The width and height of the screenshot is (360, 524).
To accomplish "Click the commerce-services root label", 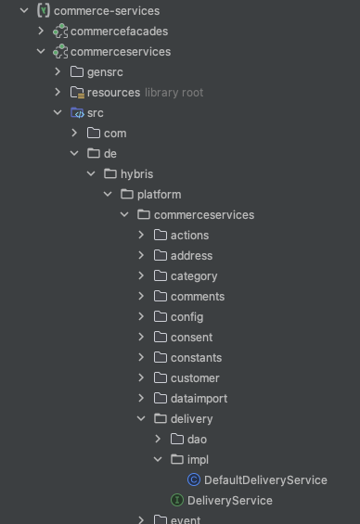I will (x=107, y=11).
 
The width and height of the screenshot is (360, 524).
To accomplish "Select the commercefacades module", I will (x=119, y=32).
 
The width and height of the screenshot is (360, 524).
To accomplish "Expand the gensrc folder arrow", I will (x=58, y=72).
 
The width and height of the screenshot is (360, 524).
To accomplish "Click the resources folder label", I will (x=113, y=93).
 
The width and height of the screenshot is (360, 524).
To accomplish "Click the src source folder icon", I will (x=77, y=113).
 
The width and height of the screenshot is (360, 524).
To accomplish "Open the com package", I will (x=114, y=134).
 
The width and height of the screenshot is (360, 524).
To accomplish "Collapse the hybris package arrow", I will (x=91, y=174).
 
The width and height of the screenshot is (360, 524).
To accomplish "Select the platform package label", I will (x=159, y=195).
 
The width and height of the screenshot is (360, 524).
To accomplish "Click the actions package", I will (x=189, y=236).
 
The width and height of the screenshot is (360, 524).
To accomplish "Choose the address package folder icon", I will (x=160, y=256).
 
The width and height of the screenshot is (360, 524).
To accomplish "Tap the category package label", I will (x=194, y=276).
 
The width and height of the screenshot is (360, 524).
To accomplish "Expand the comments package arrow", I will (x=141, y=297).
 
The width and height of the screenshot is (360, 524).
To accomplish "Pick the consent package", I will (x=191, y=338).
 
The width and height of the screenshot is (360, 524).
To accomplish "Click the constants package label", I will (x=196, y=358).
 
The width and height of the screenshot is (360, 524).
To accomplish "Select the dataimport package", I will (x=199, y=399).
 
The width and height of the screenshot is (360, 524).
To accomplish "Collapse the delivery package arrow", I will (x=141, y=419).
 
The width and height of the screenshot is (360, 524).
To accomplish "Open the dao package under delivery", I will (x=197, y=440).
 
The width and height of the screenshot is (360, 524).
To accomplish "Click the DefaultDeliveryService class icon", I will (x=194, y=480).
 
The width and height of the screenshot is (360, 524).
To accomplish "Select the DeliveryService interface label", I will (x=229, y=501).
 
